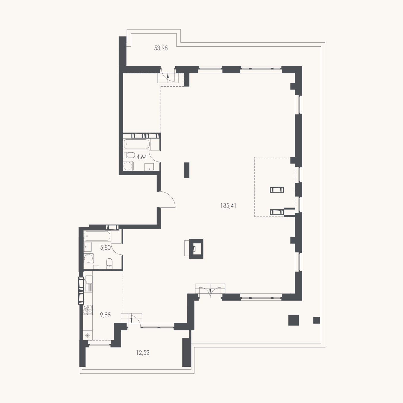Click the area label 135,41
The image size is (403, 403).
[x=228, y=206]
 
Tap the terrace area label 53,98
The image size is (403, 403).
[x=161, y=48]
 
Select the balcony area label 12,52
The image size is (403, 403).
[x=143, y=353]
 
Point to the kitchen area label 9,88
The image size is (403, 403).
[x=105, y=315]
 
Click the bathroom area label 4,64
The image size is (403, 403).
[x=142, y=157]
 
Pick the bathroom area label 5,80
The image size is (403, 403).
[x=105, y=248]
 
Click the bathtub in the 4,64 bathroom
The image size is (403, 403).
[x=137, y=144]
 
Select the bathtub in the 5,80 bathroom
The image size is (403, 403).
[x=97, y=236]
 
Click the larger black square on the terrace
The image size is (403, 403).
[x=294, y=320]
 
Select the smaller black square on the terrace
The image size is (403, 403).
[x=317, y=320]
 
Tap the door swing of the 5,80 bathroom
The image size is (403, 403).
[x=117, y=249]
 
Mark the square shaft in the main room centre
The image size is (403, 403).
[x=196, y=249]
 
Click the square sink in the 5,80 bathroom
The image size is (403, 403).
[x=88, y=247]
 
